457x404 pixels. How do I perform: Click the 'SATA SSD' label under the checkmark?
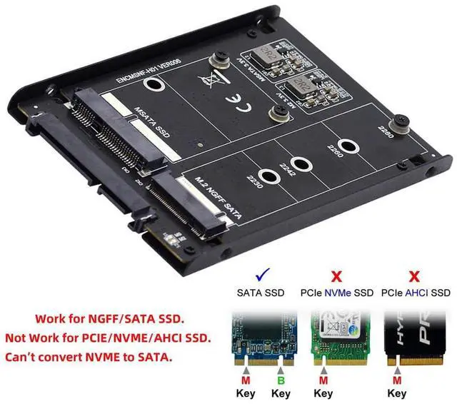(x=261, y=293)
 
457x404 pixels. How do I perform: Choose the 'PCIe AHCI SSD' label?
(x=416, y=293)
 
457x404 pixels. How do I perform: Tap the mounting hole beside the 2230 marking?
(x=270, y=178)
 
